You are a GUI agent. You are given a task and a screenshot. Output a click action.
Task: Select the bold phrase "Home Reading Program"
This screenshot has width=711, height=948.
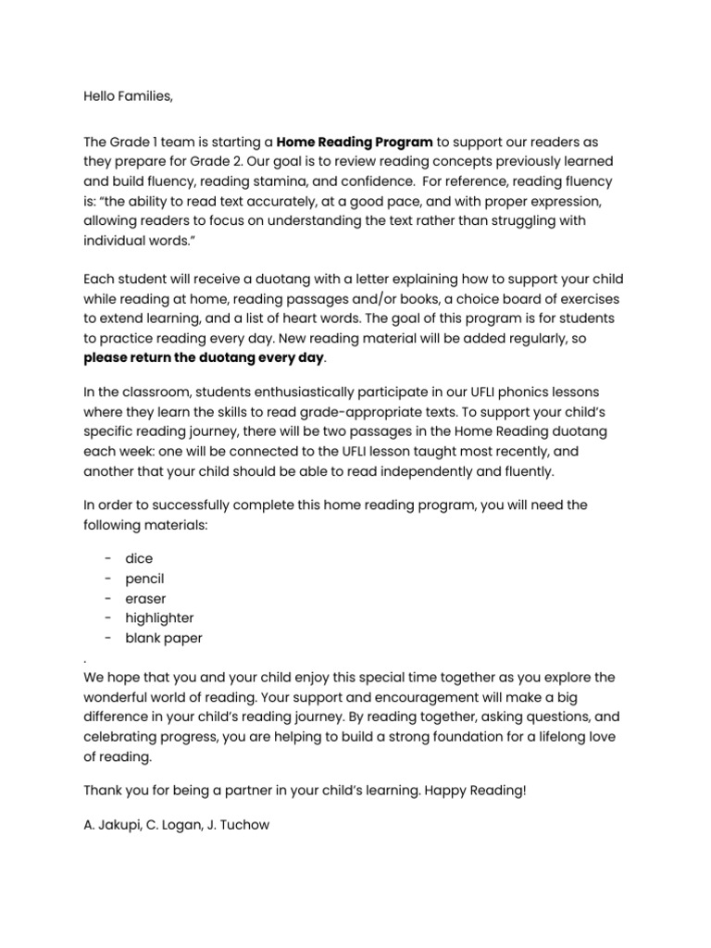[x=355, y=142]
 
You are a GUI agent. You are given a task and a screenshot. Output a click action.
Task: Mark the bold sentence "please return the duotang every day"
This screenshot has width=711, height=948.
[x=205, y=358]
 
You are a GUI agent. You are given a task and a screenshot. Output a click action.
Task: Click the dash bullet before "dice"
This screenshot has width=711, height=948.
[x=109, y=558]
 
